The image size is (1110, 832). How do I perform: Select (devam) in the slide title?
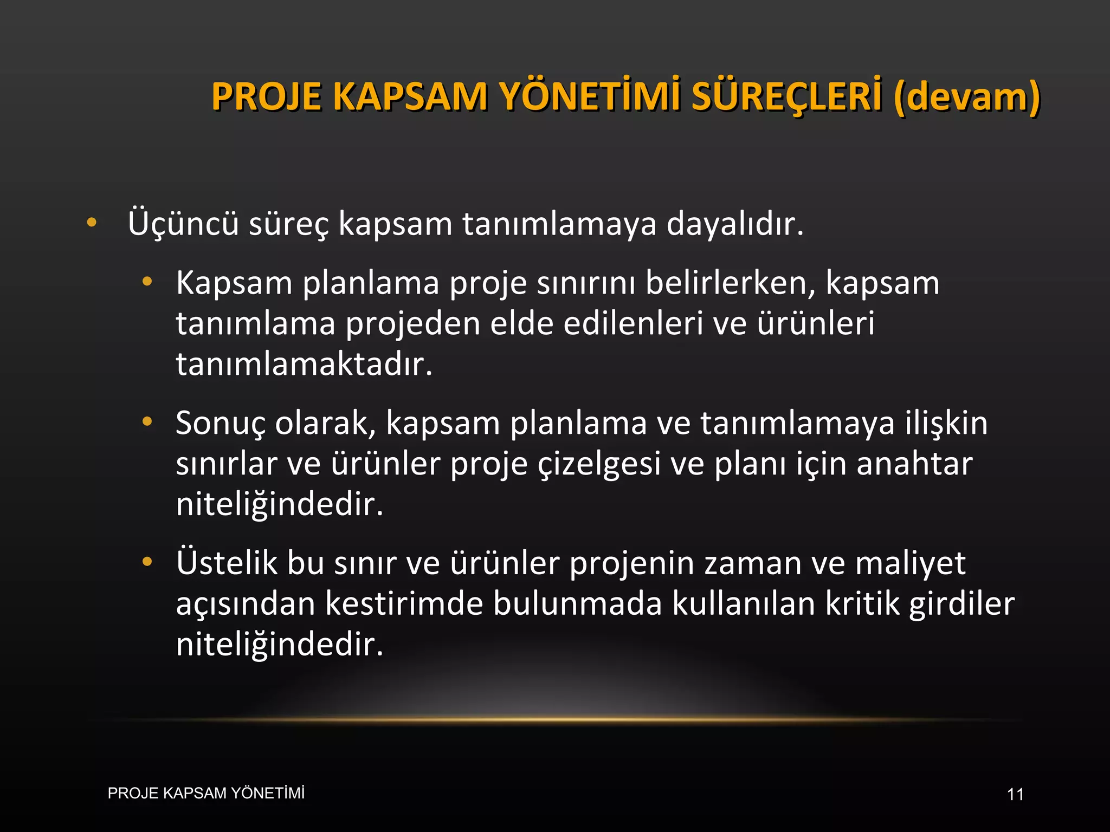967,96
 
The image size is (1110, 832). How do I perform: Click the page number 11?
1015,795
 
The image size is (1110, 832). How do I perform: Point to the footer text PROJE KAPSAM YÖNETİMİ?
206,794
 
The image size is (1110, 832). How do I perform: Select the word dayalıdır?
734,223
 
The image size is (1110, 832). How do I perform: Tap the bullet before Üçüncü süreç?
92,222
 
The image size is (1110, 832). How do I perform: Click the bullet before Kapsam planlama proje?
147,282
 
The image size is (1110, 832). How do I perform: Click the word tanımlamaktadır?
304,364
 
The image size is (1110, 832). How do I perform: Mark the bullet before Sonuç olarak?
147,421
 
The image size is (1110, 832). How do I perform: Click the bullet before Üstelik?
147,562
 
